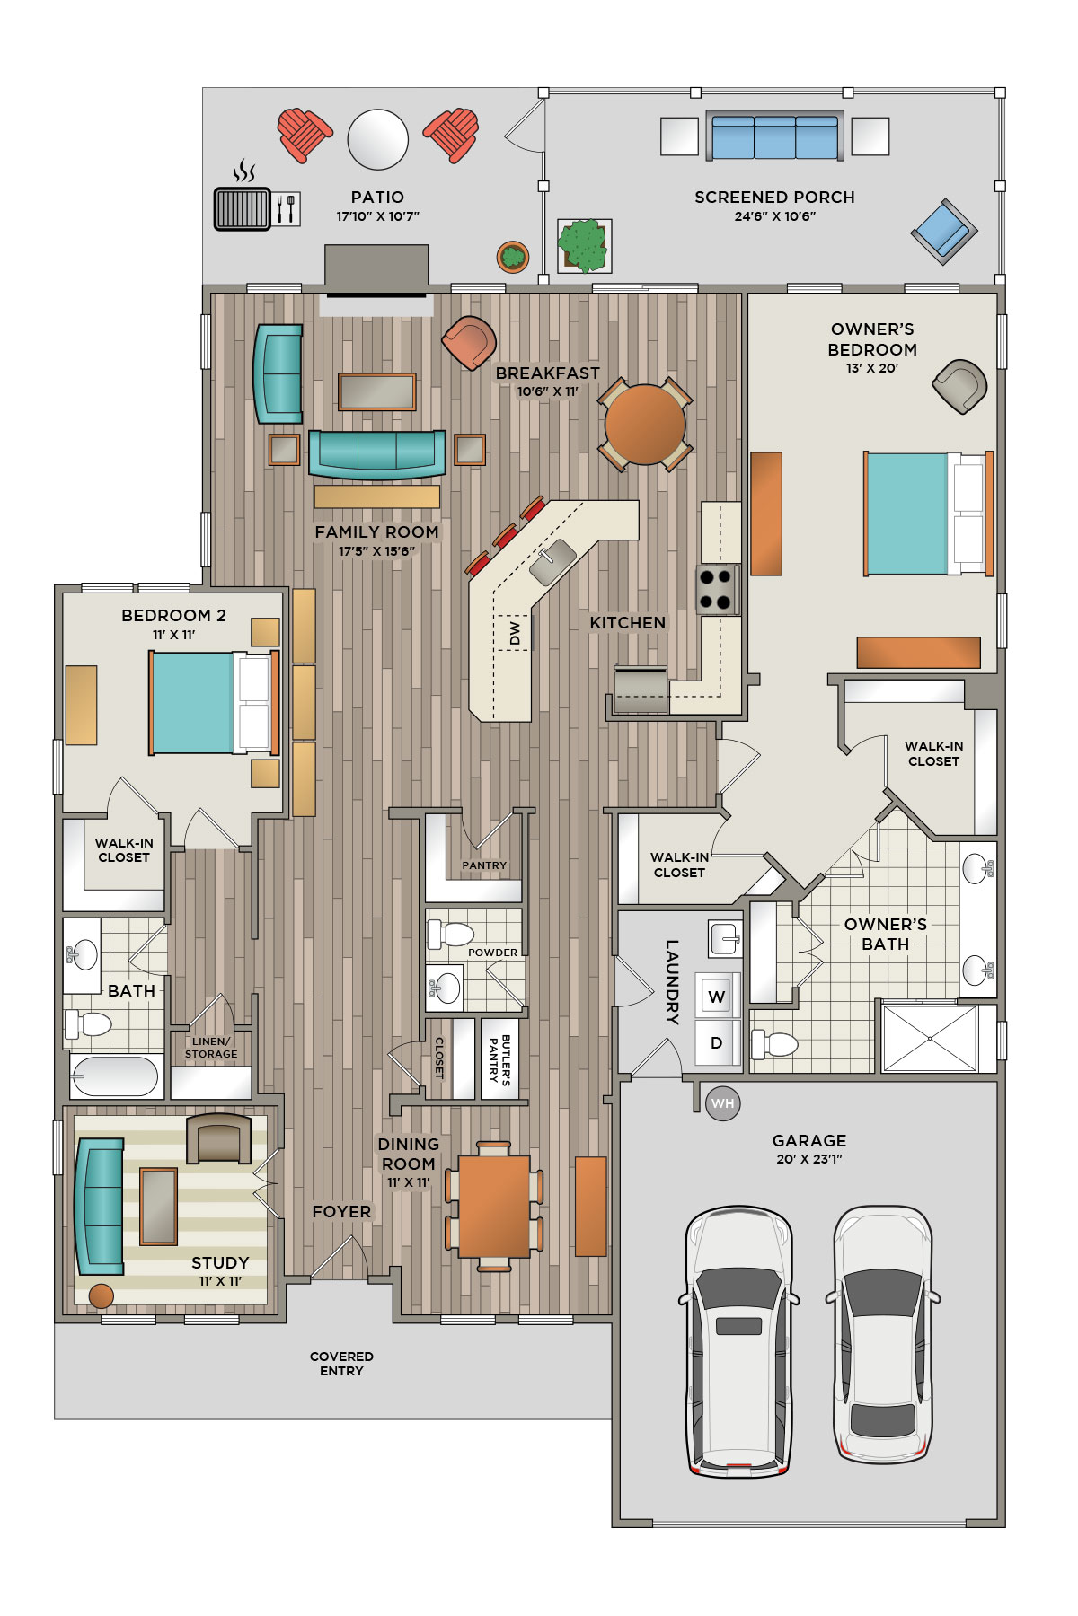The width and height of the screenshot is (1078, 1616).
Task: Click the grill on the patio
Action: [x=242, y=208]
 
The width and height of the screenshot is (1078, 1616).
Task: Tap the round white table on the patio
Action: [x=378, y=139]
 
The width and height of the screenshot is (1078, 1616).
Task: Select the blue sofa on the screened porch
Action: [x=774, y=136]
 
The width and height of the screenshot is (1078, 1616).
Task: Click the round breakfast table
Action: [x=645, y=424]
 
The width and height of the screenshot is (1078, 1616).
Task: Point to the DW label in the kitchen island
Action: [x=515, y=633]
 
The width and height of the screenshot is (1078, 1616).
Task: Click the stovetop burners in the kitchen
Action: [x=716, y=589]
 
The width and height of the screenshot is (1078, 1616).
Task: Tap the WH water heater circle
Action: [x=723, y=1103]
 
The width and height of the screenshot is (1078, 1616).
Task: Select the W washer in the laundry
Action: [x=717, y=996]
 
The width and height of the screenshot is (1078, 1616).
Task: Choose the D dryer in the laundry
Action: [x=717, y=1042]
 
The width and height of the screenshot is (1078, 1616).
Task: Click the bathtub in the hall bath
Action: [x=115, y=1076]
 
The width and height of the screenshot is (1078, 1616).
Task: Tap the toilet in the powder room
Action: [x=450, y=934]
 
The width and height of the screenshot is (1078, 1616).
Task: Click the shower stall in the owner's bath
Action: [x=930, y=1038]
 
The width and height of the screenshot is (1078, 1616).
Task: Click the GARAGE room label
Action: [x=809, y=1140]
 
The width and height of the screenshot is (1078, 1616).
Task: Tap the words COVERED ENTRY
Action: [x=341, y=1363]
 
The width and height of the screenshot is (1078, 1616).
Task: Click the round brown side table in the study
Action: [x=102, y=1295]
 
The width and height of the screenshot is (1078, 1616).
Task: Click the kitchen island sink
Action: [x=552, y=561]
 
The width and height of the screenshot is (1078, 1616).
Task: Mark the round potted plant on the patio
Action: [x=513, y=257]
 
